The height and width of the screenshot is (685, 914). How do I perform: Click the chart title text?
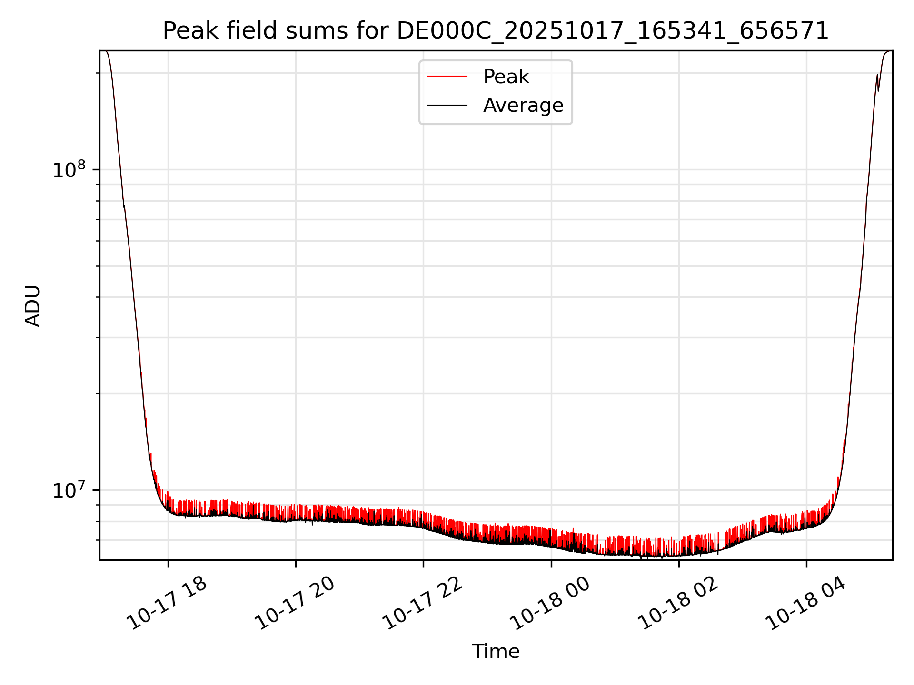[496, 31]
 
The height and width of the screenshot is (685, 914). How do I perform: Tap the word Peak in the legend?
[506, 77]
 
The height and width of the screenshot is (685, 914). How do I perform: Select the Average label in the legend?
[523, 105]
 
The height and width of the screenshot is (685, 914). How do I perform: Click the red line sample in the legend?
[447, 77]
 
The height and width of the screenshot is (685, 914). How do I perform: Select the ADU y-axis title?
[33, 305]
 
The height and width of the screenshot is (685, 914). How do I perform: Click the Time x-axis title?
[496, 651]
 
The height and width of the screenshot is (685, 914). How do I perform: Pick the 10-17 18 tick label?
[168, 603]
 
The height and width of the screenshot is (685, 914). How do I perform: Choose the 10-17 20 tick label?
[295, 603]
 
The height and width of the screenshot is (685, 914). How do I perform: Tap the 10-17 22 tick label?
[423, 603]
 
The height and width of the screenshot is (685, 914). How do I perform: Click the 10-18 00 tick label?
[550, 603]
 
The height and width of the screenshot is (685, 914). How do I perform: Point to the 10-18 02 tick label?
[678, 603]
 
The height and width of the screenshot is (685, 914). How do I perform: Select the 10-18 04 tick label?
[805, 603]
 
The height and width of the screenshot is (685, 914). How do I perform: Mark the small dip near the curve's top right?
[878, 89]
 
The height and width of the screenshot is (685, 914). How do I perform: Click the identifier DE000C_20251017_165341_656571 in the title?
[613, 31]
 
